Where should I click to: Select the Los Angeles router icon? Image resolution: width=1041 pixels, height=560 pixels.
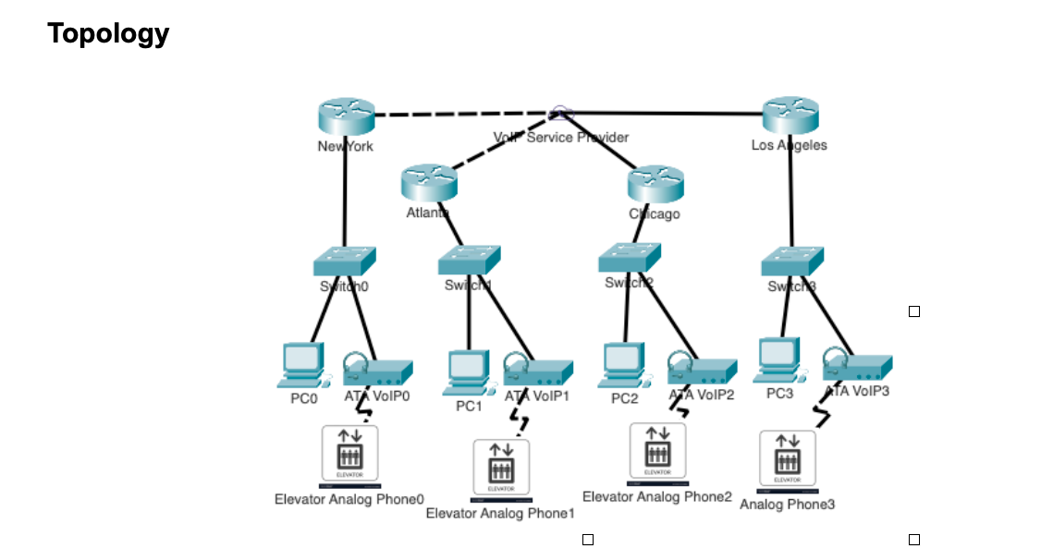(790, 116)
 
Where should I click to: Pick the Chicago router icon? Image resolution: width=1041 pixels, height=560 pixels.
(655, 183)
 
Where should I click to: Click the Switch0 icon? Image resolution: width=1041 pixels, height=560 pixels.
(344, 260)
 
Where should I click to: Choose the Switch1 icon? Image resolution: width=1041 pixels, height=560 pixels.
(469, 260)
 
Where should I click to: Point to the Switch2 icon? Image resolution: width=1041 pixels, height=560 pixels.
(630, 257)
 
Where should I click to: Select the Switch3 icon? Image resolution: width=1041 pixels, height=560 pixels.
(792, 261)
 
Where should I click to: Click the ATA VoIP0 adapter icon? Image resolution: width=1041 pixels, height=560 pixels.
(376, 370)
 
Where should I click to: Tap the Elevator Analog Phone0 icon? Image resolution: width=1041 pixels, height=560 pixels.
(349, 456)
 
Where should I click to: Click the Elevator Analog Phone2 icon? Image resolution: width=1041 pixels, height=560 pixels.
(657, 453)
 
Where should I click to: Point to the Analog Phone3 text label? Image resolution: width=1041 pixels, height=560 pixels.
(787, 505)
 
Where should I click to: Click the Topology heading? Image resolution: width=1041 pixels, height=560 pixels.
(108, 34)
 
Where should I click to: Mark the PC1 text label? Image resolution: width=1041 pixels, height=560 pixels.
(469, 406)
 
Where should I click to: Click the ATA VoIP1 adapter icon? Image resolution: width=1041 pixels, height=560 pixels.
(537, 371)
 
